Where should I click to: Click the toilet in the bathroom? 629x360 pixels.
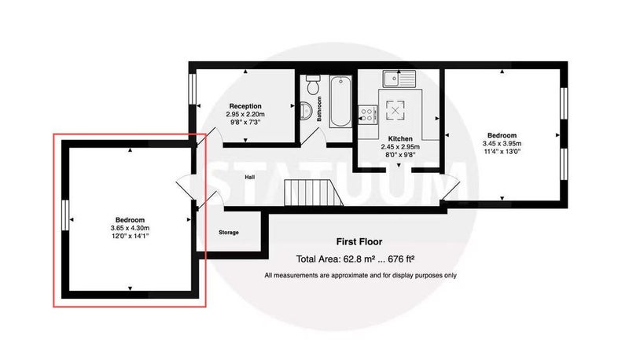click(312, 84)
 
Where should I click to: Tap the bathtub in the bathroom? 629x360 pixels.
click(340, 101)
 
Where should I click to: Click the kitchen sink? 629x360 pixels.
click(399, 79)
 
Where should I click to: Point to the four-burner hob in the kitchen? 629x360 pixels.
click(368, 113)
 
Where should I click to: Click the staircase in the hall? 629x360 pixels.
click(313, 193)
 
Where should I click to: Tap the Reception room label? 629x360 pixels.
click(245, 106)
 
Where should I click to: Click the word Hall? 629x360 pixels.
click(249, 177)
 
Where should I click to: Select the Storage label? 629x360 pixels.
click(229, 233)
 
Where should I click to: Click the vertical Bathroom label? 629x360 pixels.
click(319, 108)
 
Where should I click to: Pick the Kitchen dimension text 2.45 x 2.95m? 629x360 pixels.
click(400, 147)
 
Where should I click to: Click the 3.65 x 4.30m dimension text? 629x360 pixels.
click(130, 228)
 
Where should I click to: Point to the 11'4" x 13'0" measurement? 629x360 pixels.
click(502, 152)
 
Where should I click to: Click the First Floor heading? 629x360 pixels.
click(359, 242)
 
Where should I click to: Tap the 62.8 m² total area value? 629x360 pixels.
click(359, 259)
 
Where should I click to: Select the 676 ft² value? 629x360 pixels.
click(401, 259)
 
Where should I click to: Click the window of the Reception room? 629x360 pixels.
click(192, 89)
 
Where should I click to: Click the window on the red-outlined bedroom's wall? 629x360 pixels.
click(65, 215)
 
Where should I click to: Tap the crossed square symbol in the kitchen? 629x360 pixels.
click(395, 110)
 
